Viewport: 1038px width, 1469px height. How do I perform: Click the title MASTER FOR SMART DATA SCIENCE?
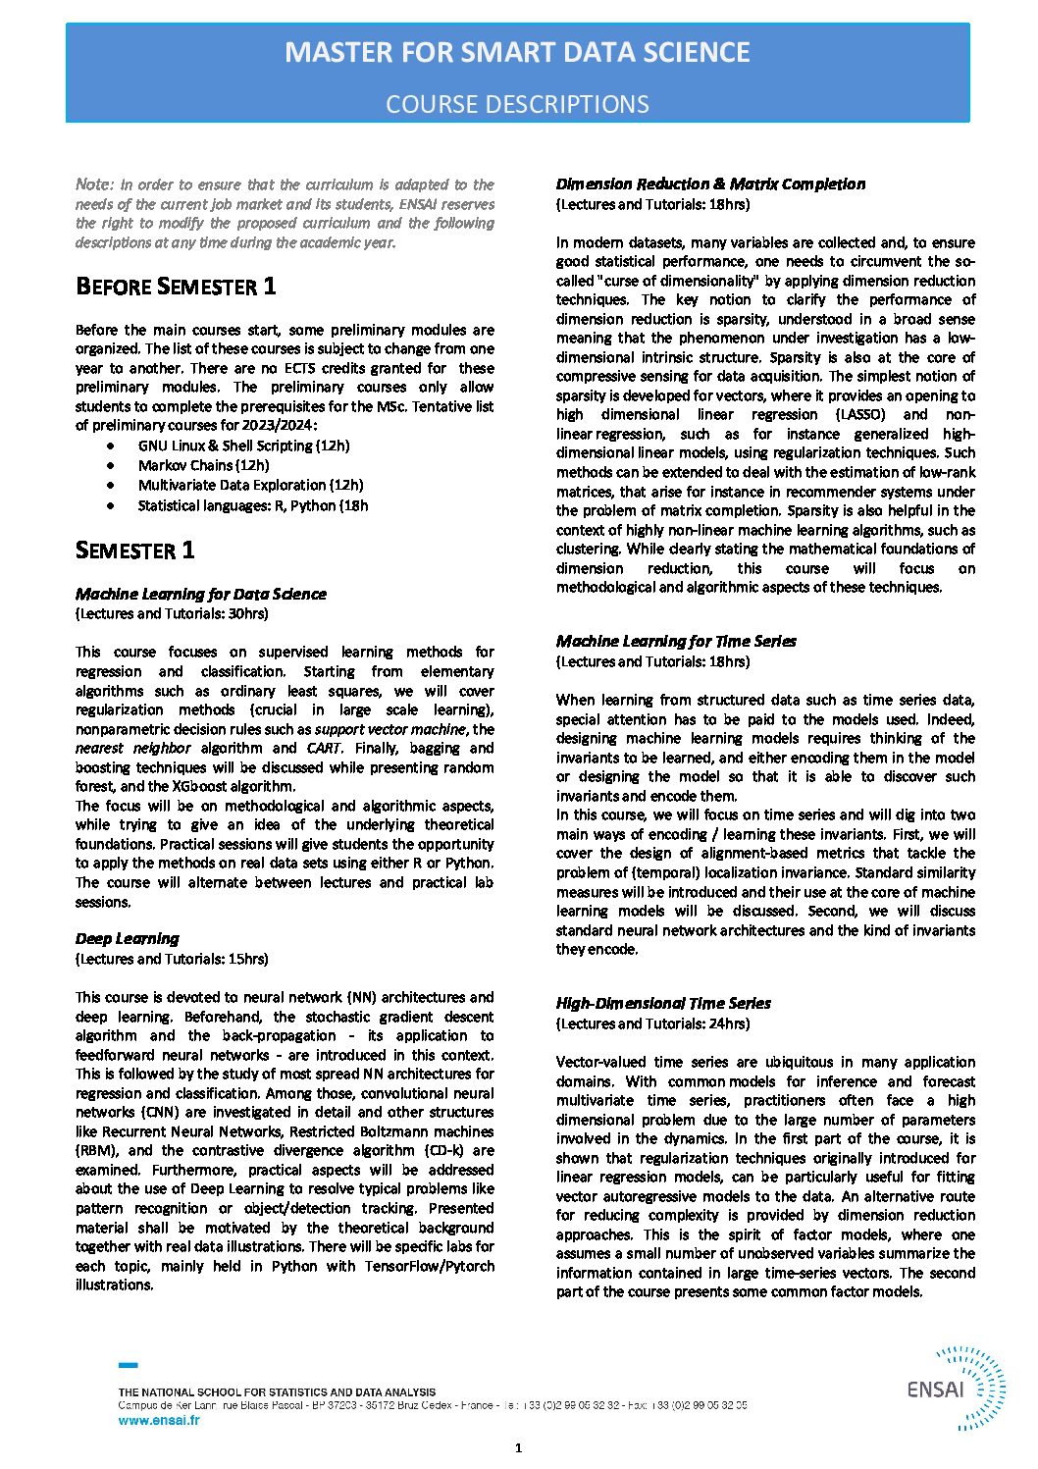(x=517, y=53)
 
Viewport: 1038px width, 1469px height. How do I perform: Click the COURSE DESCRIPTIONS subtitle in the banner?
(x=517, y=104)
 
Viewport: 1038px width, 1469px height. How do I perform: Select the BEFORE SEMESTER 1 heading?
(x=176, y=287)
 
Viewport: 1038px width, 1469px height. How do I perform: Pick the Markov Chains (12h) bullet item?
(x=203, y=465)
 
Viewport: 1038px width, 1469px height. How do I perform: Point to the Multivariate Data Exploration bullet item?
(x=250, y=485)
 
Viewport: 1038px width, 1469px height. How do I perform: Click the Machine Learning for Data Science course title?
(x=200, y=594)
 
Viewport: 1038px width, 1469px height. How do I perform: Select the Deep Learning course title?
(x=128, y=939)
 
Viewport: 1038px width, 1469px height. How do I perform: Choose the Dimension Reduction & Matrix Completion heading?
(x=710, y=184)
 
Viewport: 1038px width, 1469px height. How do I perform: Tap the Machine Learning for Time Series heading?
(x=676, y=642)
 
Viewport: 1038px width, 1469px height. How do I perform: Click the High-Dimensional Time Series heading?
(x=663, y=1003)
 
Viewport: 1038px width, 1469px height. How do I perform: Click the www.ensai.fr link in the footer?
(x=158, y=1420)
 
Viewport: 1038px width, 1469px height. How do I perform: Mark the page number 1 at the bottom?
(x=518, y=1448)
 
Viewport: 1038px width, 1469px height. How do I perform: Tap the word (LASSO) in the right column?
(x=860, y=414)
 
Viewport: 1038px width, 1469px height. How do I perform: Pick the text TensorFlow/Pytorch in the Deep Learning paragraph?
(x=429, y=1266)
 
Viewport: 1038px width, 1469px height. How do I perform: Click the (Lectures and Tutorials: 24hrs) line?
(x=652, y=1023)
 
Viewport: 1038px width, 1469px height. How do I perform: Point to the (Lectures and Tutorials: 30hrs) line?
(x=172, y=613)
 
